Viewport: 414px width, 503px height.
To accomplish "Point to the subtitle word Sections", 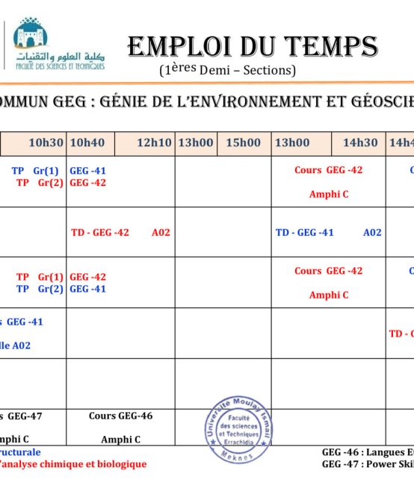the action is (268, 70).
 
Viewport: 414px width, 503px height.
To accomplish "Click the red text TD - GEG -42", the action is (100, 232).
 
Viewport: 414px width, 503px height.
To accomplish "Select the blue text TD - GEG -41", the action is (305, 232).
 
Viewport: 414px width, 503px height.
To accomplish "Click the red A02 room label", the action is (161, 232).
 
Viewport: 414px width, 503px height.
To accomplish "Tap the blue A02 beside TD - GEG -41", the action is (372, 232).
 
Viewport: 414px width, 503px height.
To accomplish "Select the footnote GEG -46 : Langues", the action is (367, 452).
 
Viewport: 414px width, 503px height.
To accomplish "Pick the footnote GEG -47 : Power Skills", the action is (367, 463).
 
